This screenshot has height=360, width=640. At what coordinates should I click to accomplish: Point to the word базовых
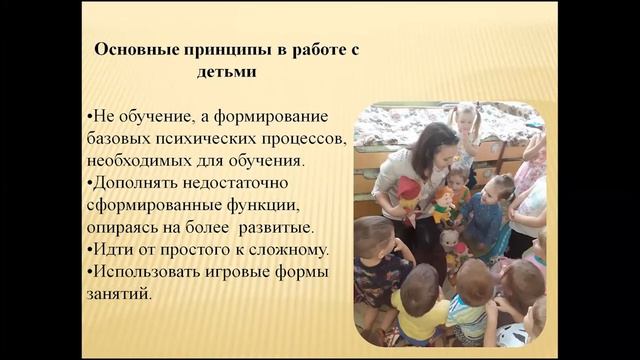click(x=119, y=138)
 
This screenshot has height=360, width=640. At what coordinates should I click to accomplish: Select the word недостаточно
click(x=244, y=183)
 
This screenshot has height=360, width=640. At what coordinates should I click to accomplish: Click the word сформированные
click(x=154, y=205)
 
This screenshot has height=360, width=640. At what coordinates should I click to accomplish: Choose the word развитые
click(x=307, y=227)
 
